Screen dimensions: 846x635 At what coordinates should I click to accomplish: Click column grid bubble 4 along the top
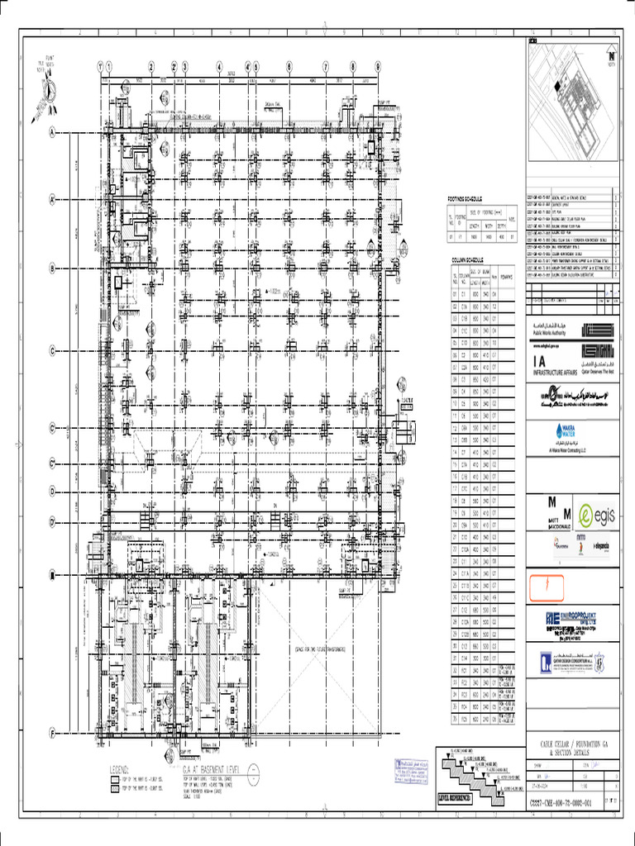point(220,67)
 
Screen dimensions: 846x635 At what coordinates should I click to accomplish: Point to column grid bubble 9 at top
point(378,67)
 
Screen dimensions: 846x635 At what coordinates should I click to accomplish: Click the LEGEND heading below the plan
point(120,768)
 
